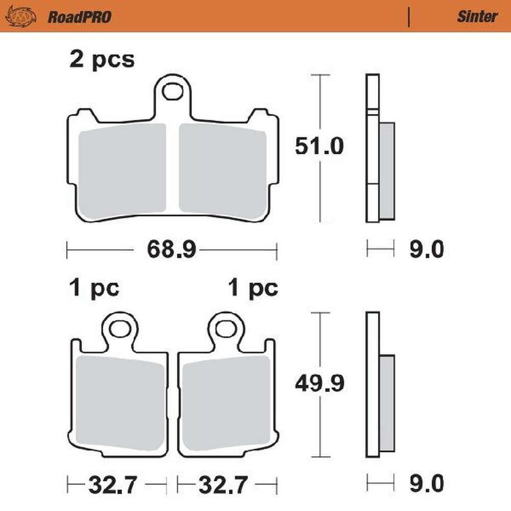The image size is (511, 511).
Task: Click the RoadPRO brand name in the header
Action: pos(80,17)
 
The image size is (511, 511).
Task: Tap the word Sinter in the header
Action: pos(477,16)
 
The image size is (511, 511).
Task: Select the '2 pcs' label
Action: pos(102,60)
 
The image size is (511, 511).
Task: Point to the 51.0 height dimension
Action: pos(319,147)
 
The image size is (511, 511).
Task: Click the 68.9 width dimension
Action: pos(172,249)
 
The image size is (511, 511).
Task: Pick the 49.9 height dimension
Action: pos(319,383)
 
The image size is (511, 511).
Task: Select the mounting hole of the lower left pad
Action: pos(120,329)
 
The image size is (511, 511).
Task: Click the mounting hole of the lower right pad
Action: pos(226,329)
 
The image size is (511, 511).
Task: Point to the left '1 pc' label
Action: pos(95,289)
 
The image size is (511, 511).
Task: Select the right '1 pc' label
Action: pos(253,289)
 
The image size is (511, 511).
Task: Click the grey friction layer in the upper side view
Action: pos(387,171)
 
